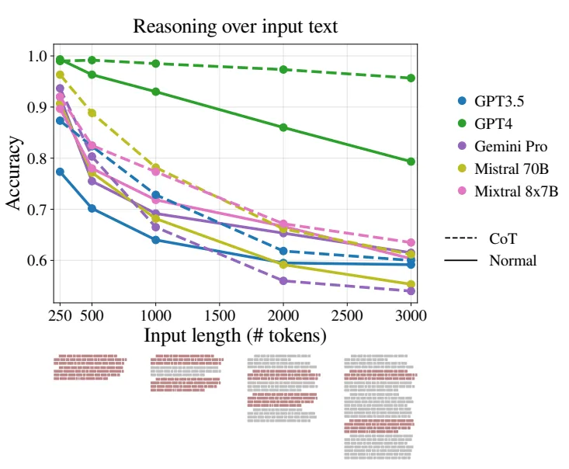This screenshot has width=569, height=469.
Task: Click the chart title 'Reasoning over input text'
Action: [235, 26]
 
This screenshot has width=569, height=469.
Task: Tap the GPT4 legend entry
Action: [486, 123]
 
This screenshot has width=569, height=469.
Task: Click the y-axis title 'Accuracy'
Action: [14, 173]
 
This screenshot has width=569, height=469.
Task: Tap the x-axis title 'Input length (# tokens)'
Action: [235, 335]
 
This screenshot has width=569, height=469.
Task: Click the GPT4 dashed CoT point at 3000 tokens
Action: [411, 78]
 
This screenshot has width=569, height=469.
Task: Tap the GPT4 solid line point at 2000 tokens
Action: [283, 127]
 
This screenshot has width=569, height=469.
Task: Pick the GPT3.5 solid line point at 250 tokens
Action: [60, 172]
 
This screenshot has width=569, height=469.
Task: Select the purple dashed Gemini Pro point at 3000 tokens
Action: [411, 291]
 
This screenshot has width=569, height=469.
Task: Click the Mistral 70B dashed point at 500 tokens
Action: [92, 113]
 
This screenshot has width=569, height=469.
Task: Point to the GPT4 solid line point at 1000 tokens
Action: [156, 92]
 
